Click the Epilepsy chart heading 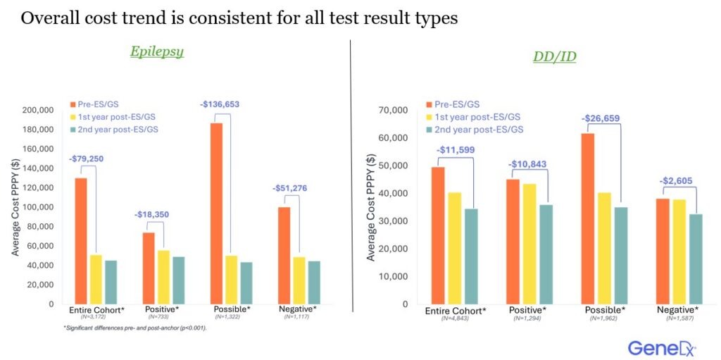click(x=156, y=51)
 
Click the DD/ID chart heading click(x=553, y=56)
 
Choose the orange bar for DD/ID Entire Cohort click(x=438, y=235)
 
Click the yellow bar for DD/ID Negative click(x=679, y=252)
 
